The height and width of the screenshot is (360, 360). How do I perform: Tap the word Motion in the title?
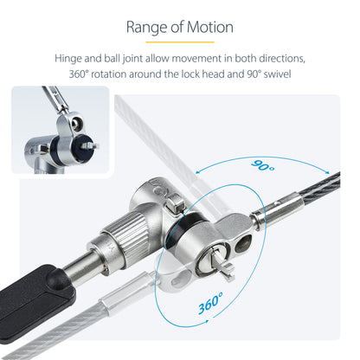pos(210,27)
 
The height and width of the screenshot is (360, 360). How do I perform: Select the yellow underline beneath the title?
pos(180,42)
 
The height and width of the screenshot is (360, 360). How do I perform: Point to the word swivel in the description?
pos(277,74)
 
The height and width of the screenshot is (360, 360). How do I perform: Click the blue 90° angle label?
pos(263,165)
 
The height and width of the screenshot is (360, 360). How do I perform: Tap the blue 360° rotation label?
pos(210,303)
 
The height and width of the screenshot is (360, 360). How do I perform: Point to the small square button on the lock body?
pos(175,204)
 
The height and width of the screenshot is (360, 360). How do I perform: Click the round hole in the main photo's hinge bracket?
pos(243,243)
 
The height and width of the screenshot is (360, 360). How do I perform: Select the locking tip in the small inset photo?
pos(89,145)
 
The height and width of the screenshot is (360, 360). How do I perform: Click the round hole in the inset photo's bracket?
pos(76,122)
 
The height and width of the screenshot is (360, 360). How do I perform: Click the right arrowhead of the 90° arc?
pos(327,172)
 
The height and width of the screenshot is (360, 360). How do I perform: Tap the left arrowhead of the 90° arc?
pos(198,172)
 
